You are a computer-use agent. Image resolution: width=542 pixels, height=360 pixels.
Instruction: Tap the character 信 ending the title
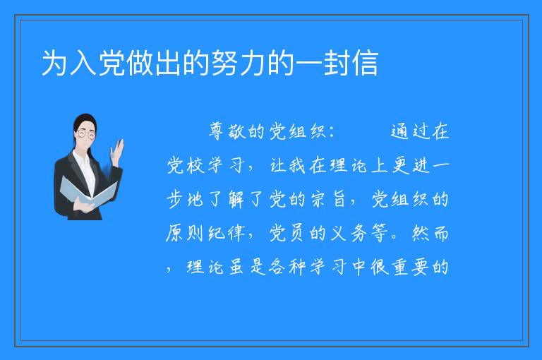coord(365,64)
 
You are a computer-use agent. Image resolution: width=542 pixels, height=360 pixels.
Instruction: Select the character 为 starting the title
coord(55,64)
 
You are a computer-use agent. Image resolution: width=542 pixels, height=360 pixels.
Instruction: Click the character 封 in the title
coord(337,64)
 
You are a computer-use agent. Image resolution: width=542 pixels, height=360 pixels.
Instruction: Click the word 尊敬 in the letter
coord(227,131)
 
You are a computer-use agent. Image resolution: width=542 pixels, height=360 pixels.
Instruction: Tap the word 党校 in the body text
coord(186,165)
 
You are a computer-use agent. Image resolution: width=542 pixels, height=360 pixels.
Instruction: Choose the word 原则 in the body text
coord(186,233)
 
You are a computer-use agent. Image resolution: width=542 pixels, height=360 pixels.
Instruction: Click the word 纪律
coord(227,233)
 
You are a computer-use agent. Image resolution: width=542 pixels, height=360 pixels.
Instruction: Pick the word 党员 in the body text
coord(288,233)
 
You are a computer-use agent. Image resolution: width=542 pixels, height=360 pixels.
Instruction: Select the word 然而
coord(430,233)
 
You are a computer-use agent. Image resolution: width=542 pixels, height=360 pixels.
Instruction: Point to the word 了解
coord(226,199)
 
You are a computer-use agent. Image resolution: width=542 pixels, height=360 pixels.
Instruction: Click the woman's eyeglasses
coord(86,133)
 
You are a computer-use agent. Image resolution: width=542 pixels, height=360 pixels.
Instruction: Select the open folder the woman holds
coord(89,193)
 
